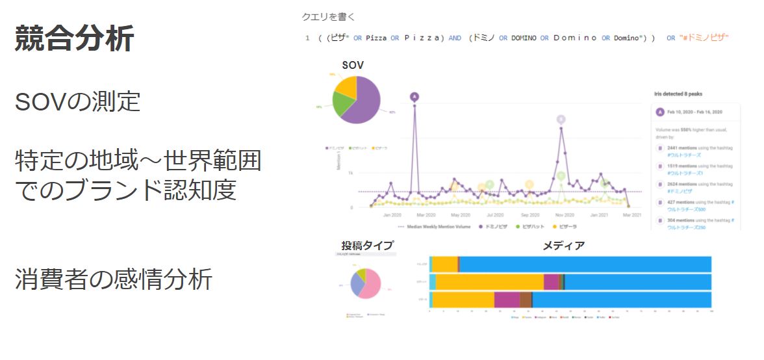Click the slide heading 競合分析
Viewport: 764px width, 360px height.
coord(75,39)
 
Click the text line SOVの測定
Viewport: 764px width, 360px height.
coord(77,102)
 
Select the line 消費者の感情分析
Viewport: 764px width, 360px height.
coord(114,279)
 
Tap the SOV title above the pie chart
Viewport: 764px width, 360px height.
coord(353,65)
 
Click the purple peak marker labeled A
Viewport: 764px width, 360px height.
coord(414,97)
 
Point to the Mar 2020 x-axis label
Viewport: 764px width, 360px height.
coord(426,214)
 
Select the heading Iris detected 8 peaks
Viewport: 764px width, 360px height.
coord(678,94)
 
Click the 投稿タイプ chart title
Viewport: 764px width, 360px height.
coord(368,245)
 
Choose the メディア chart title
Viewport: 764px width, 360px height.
coord(563,245)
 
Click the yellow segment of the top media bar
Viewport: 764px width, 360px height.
coord(445,264)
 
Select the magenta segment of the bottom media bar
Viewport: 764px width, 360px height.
coord(507,300)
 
